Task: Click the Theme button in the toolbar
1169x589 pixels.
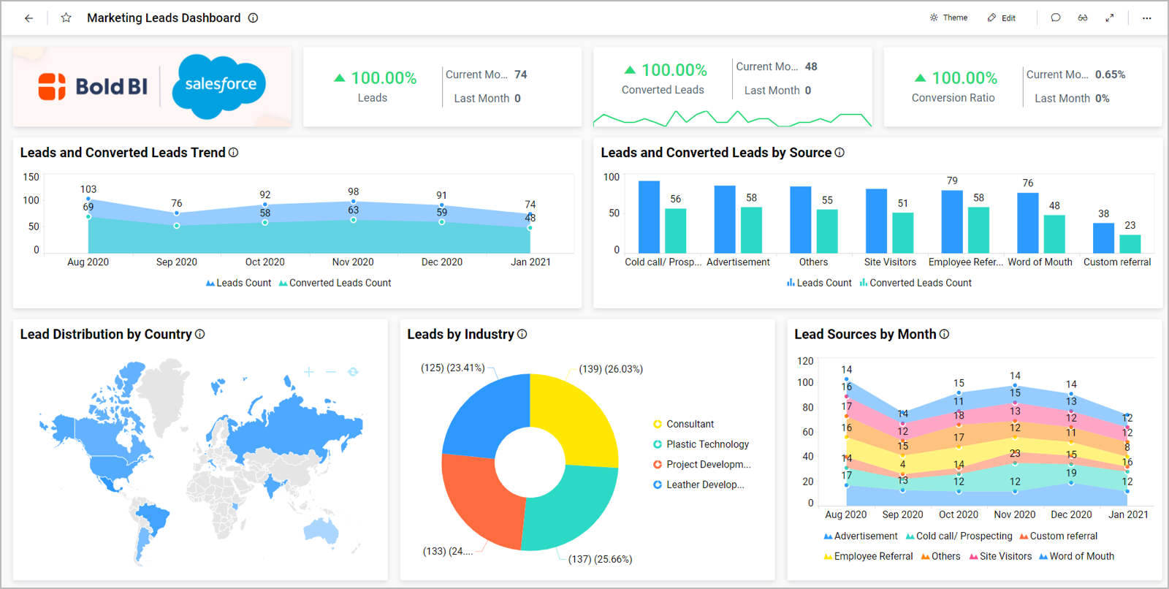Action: pos(948,18)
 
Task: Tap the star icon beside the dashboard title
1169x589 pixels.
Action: pos(66,18)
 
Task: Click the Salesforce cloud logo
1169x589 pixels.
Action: pos(219,85)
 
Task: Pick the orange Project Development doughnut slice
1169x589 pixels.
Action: pos(475,497)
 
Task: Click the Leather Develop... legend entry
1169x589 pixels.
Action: pos(704,484)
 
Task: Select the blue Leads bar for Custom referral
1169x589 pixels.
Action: pos(1103,238)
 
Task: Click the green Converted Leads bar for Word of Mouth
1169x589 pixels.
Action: pos(1054,234)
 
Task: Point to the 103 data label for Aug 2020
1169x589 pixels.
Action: pos(88,189)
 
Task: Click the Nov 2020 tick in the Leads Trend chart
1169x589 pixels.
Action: pos(353,262)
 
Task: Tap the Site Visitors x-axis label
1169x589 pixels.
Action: pos(890,262)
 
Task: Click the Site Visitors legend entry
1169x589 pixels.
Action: pos(1005,556)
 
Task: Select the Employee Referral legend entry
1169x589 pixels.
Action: pos(872,556)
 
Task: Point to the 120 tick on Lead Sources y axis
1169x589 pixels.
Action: pos(805,361)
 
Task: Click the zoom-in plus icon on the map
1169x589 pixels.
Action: pos(309,372)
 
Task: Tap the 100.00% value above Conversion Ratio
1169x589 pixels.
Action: pos(964,78)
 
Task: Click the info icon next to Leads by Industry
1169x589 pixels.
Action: pos(522,334)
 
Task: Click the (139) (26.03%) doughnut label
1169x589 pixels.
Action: pos(611,369)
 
